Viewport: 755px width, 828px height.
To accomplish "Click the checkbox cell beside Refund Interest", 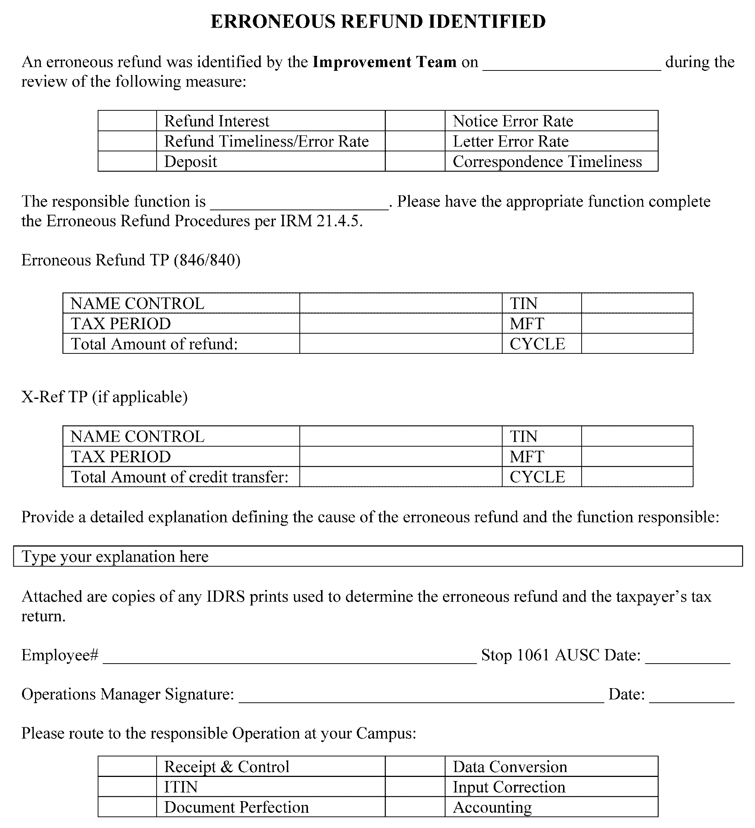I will tap(127, 121).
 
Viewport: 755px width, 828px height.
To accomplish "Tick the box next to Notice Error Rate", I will tap(415, 121).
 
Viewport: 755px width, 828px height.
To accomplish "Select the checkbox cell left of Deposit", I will tap(127, 161).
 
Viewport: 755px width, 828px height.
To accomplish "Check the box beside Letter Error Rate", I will tap(415, 141).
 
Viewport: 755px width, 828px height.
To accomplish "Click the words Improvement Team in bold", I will tap(384, 62).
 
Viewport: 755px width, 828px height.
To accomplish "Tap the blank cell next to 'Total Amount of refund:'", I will tap(400, 343).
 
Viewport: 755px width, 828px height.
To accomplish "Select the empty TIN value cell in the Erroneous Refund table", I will tap(637, 303).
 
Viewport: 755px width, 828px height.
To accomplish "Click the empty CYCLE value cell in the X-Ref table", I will tap(637, 477).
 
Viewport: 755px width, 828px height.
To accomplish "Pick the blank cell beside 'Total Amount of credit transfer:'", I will tap(400, 477).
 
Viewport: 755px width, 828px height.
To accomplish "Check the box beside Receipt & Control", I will tap(127, 766).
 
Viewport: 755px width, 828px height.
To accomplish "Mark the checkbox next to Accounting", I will tap(415, 807).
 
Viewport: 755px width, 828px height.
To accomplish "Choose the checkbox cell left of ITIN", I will tap(127, 787).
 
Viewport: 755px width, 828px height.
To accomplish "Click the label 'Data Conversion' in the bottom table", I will tap(510, 767).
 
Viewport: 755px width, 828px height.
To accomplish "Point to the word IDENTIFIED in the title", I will tap(487, 21).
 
